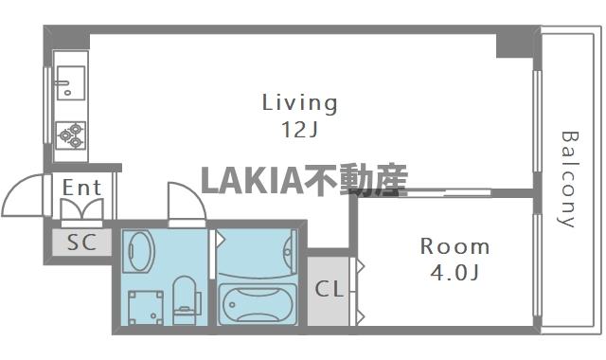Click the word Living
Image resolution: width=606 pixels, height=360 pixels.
click(x=299, y=102)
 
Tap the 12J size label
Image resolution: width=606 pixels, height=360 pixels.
click(x=299, y=131)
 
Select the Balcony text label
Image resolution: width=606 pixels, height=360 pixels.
click(x=568, y=180)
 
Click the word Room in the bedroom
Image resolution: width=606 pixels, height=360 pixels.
click(x=455, y=247)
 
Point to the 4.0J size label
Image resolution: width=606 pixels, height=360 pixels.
click(x=455, y=276)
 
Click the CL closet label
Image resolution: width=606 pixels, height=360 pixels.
click(x=329, y=289)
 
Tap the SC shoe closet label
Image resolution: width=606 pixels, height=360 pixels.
click(x=81, y=242)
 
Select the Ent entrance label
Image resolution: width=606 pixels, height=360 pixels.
click(x=81, y=188)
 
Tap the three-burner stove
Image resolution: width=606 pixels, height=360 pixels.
click(x=70, y=137)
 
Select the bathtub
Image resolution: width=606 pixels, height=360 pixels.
click(x=257, y=304)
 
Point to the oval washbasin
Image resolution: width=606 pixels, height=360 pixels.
click(x=140, y=252)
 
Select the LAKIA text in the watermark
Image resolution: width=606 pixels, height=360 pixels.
click(x=249, y=179)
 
